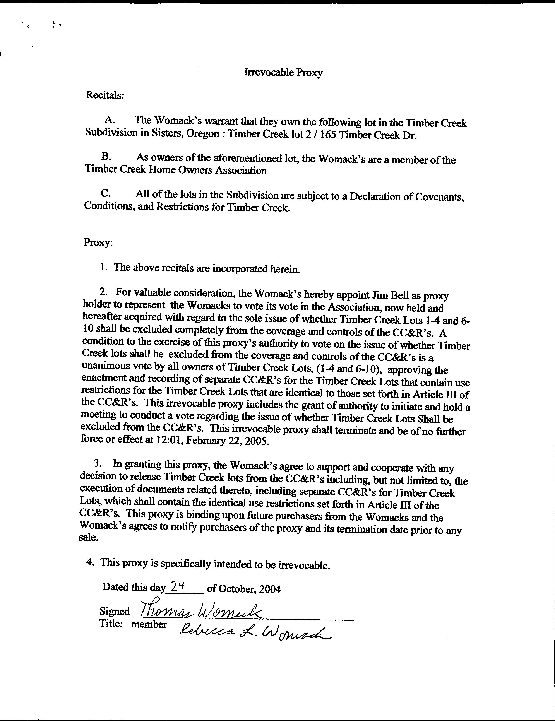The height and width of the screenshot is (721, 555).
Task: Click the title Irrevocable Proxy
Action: point(283,72)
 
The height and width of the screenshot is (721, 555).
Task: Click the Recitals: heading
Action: point(105,95)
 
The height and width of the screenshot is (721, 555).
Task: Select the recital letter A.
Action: point(109,120)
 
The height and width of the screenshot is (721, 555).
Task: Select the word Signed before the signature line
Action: point(115,611)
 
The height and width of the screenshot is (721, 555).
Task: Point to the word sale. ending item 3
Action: point(89,537)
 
